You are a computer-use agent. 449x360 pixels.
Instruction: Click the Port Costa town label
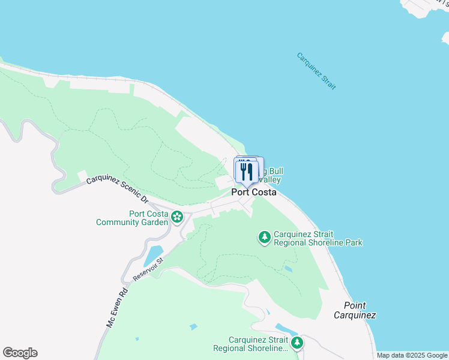(254, 193)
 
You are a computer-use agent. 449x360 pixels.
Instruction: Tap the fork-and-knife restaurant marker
(246, 172)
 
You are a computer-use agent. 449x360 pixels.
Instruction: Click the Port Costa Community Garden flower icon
(177, 217)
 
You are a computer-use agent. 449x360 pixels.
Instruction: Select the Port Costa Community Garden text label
(133, 218)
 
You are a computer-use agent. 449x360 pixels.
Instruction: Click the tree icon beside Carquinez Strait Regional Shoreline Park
(264, 238)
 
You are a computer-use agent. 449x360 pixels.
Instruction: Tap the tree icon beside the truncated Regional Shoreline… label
(297, 343)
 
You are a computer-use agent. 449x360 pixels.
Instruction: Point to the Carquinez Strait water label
(316, 71)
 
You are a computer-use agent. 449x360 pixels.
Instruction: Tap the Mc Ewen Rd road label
(117, 308)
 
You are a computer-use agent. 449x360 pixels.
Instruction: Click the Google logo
(20, 353)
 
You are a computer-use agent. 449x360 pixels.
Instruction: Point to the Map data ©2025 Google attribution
(412, 355)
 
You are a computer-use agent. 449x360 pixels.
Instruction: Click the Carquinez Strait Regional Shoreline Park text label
(318, 238)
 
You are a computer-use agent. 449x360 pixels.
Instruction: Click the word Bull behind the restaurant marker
(274, 171)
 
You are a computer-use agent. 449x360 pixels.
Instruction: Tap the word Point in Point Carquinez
(355, 305)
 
